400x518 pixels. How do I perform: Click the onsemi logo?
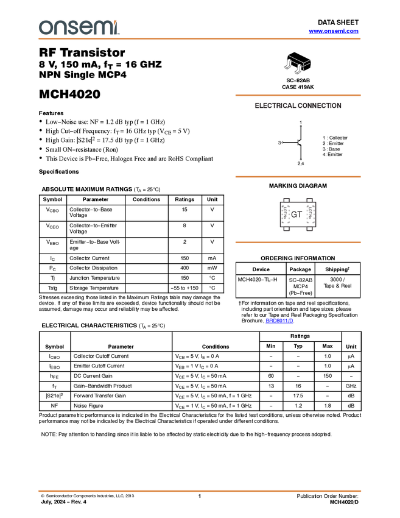point(79,27)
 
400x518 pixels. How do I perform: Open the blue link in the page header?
point(334,31)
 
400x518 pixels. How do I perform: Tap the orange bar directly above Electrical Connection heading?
point(298,95)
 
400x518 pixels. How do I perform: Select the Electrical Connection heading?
point(298,106)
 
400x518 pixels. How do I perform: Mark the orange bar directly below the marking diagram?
point(298,243)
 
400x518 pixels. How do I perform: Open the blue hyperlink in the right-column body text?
point(279,321)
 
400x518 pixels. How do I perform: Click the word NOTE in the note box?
point(48,435)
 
